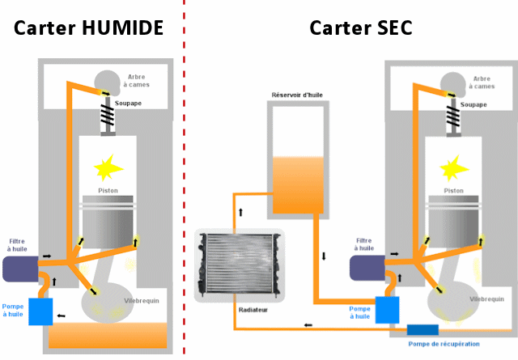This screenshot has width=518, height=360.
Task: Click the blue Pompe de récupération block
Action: [422, 329]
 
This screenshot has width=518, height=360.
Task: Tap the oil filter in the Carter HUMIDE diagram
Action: [19, 269]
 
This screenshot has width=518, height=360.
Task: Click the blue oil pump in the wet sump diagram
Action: [40, 311]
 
